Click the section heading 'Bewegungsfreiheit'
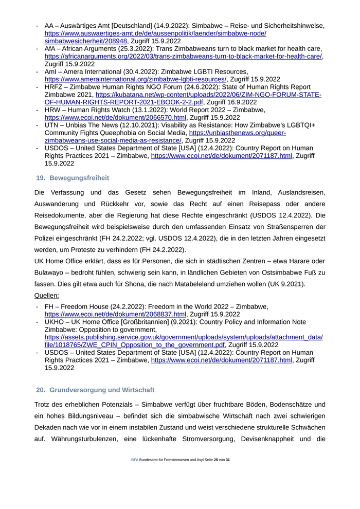[79, 178]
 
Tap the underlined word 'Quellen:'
[47, 296]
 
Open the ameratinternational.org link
[135, 80]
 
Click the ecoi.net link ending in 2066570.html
[115, 118]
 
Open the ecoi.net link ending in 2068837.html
[115, 314]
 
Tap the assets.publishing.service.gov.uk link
[184, 337]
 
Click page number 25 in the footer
[216, 459]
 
